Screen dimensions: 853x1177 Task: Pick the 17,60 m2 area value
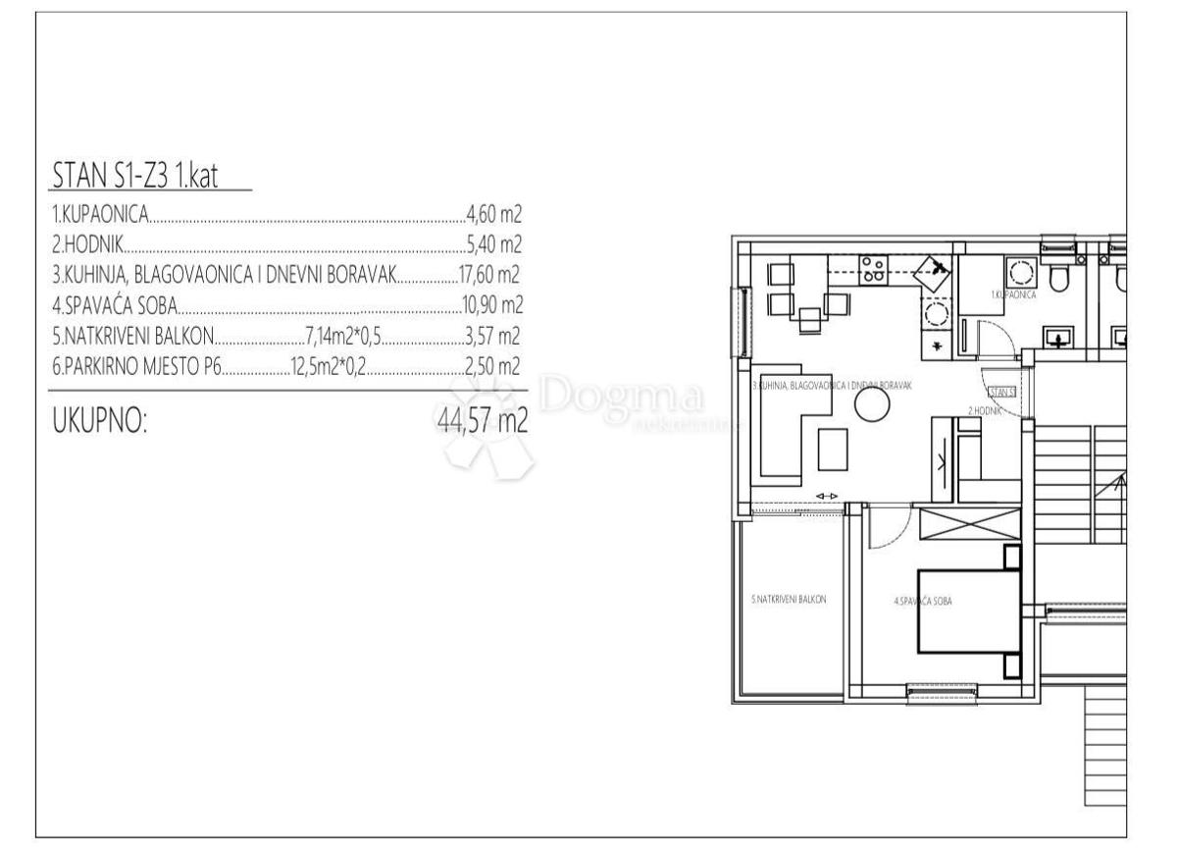coord(488,276)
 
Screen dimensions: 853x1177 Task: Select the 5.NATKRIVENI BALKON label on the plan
coord(789,600)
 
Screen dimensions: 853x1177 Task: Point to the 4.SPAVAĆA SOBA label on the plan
coord(924,600)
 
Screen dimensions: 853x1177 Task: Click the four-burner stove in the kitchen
coord(873,271)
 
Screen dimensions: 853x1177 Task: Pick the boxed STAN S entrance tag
coord(1000,392)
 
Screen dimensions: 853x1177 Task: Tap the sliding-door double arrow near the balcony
coord(827,497)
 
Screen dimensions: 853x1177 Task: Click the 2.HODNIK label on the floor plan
coord(984,410)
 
